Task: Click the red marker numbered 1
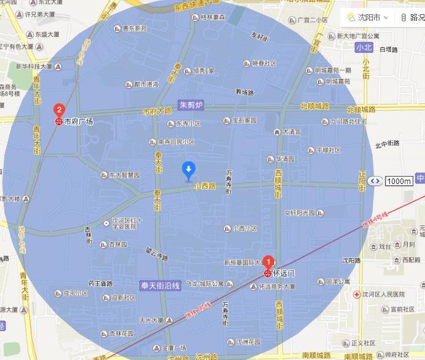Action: pyautogui.click(x=268, y=261)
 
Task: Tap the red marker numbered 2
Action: pyautogui.click(x=59, y=111)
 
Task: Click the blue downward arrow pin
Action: pyautogui.click(x=189, y=169)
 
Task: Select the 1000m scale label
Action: pyautogui.click(x=399, y=181)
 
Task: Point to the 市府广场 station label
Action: pyautogui.click(x=78, y=122)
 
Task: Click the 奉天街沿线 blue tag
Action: pyautogui.click(x=159, y=286)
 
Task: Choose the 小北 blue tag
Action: pyautogui.click(x=363, y=47)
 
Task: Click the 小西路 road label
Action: pyautogui.click(x=205, y=186)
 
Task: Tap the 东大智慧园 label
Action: pyautogui.click(x=124, y=175)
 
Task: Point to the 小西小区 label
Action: pyautogui.click(x=245, y=228)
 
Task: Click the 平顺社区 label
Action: pyautogui.click(x=328, y=150)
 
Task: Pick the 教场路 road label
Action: pyautogui.click(x=245, y=93)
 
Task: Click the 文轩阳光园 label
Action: pyautogui.click(x=300, y=214)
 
